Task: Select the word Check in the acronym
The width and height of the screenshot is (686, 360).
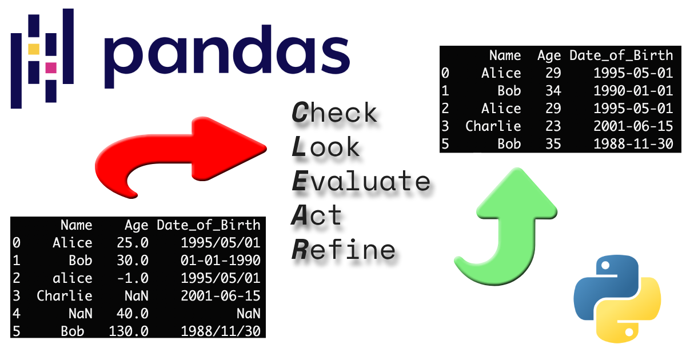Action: tap(334, 113)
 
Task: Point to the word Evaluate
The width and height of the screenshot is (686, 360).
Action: tap(360, 181)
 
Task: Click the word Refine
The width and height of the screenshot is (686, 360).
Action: tap(344, 250)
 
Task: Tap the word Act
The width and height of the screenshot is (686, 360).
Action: tap(317, 215)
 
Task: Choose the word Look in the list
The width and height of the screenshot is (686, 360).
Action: tap(326, 147)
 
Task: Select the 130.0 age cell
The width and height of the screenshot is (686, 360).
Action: tap(129, 331)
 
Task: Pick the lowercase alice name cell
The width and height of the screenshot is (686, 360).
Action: tap(73, 278)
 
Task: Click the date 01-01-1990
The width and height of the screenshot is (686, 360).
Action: tap(221, 260)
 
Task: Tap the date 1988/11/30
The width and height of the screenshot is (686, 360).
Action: tap(221, 331)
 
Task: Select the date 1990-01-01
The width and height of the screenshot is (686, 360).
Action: tap(633, 90)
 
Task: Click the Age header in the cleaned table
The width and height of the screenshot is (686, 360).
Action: tap(549, 55)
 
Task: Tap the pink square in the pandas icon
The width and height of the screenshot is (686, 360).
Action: tap(50, 67)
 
